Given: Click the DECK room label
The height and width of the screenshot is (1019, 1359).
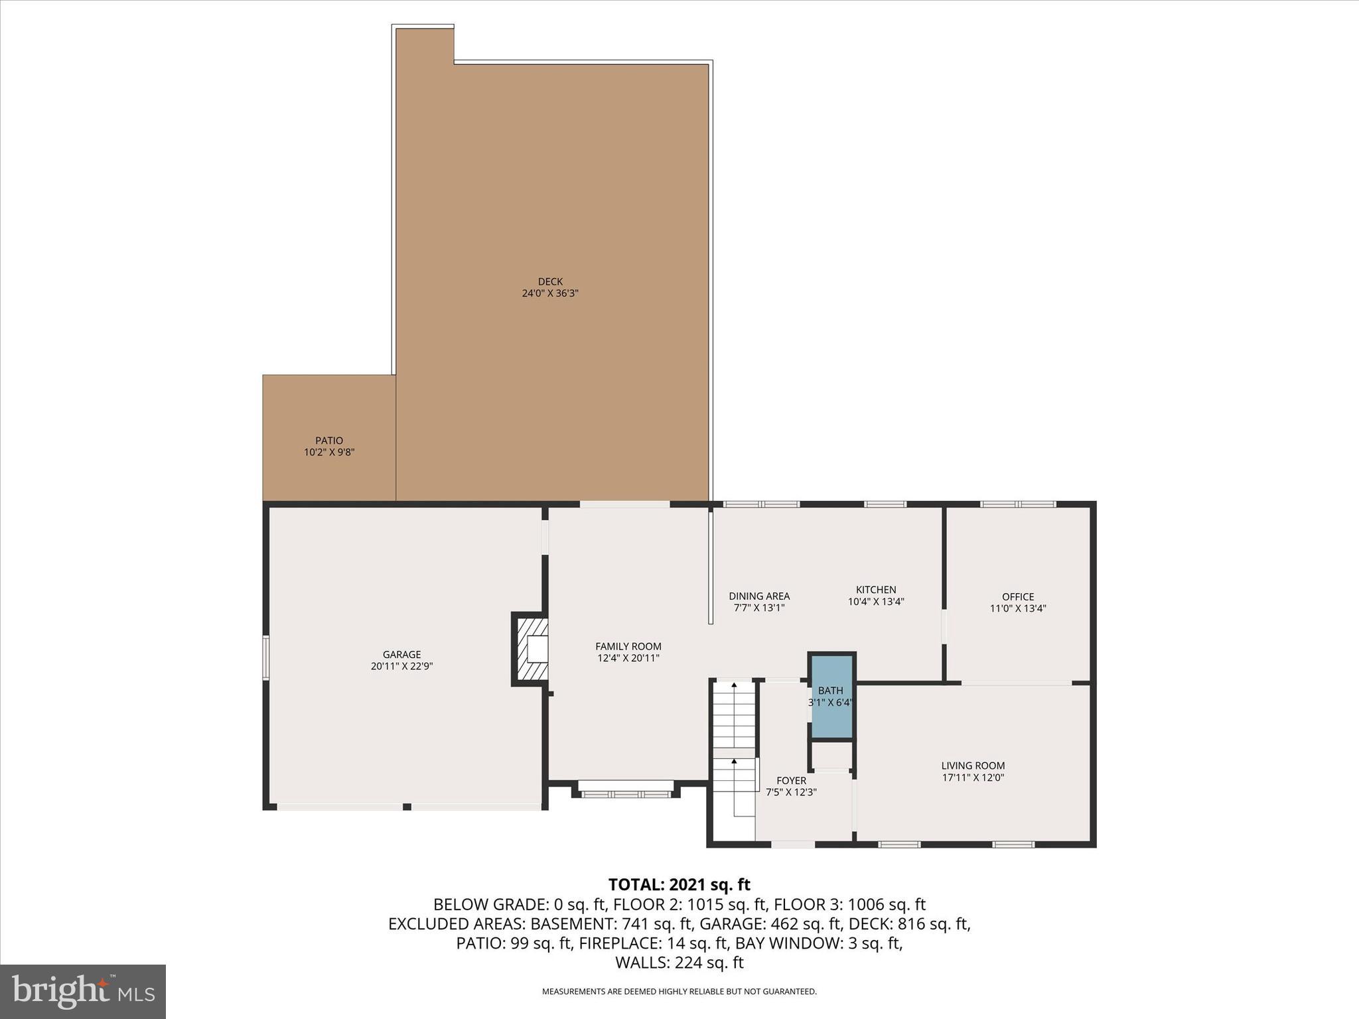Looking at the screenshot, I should click(x=550, y=281).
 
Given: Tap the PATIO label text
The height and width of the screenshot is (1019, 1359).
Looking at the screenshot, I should click(x=329, y=441).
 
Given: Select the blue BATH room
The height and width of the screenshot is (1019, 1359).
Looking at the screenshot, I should click(x=831, y=697).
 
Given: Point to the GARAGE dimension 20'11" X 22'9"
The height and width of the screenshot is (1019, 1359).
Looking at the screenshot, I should click(x=401, y=666).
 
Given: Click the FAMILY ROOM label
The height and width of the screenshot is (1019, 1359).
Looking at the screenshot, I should click(x=628, y=646).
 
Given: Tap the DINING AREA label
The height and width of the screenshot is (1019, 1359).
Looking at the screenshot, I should click(x=759, y=596).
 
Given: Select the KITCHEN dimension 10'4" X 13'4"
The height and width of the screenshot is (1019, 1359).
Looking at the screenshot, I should click(x=876, y=602).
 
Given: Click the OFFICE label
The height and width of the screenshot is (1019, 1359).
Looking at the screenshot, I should click(x=1018, y=596).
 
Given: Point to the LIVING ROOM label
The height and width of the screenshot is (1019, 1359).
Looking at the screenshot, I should click(x=973, y=766).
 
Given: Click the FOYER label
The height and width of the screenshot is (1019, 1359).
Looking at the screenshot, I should click(x=791, y=781).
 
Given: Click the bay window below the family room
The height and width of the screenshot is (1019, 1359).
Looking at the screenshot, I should click(x=625, y=791).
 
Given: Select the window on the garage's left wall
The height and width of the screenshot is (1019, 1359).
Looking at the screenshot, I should click(x=266, y=657).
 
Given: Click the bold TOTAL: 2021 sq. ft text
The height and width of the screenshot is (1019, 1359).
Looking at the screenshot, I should click(x=679, y=884).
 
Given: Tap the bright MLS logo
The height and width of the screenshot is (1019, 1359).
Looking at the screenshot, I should click(x=83, y=991).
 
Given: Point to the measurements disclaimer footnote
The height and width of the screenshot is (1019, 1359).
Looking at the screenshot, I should click(x=679, y=992).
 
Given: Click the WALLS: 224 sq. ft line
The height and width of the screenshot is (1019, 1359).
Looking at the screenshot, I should click(x=679, y=963).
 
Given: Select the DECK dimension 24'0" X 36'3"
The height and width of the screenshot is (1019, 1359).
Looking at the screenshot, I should click(x=550, y=293).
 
